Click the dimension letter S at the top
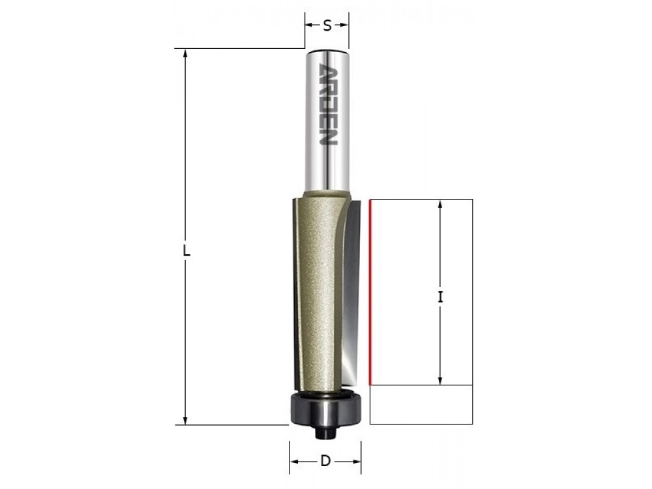point(327,26)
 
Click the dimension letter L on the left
point(186,251)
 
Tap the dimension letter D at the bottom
point(325,461)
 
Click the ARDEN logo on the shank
point(327,104)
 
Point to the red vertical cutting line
point(370,293)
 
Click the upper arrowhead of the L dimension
point(185,53)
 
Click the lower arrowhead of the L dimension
point(185,420)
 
